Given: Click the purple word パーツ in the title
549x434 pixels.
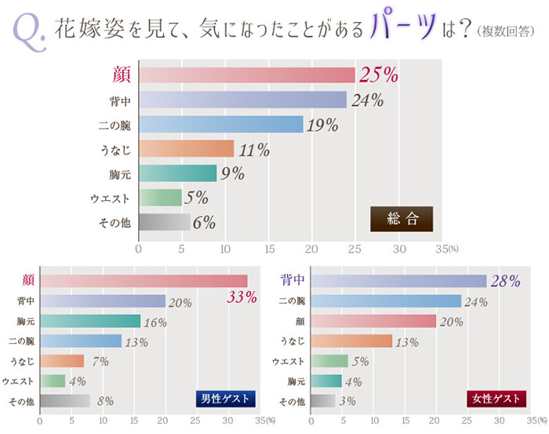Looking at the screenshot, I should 406,28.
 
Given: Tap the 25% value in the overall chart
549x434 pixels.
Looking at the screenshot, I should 379,75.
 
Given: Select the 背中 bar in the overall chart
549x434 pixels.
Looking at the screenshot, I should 242,100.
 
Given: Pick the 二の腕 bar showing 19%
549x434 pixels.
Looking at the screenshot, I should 220,124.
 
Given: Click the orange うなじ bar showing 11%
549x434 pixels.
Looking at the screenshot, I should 186,148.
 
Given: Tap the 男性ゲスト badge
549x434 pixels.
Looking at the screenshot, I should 226,399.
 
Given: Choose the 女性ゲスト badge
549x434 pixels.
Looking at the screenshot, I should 496,399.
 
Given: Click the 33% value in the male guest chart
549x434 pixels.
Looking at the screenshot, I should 242,297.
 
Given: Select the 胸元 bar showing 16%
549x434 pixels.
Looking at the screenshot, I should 89,320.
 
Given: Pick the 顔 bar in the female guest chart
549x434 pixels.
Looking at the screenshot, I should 373,320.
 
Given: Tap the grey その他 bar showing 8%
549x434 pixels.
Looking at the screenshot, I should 64,401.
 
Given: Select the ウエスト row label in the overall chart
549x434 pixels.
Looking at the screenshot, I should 112,198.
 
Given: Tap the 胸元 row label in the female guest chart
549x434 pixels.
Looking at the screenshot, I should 295,381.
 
